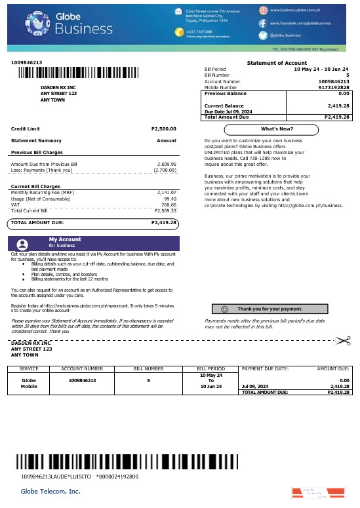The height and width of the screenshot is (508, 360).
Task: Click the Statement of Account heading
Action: [276, 62]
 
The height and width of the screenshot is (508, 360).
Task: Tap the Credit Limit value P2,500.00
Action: [163, 128]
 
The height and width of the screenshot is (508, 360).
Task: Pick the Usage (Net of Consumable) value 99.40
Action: [170, 199]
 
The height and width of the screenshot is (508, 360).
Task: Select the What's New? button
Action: [277, 128]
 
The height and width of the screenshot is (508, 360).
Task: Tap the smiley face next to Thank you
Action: [225, 308]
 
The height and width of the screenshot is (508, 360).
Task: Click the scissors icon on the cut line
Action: [342, 340]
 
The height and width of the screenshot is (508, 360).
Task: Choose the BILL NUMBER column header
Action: [149, 369]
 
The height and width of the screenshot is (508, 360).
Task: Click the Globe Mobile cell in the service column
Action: [29, 383]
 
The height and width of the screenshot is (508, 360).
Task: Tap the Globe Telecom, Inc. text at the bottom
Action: [50, 491]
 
